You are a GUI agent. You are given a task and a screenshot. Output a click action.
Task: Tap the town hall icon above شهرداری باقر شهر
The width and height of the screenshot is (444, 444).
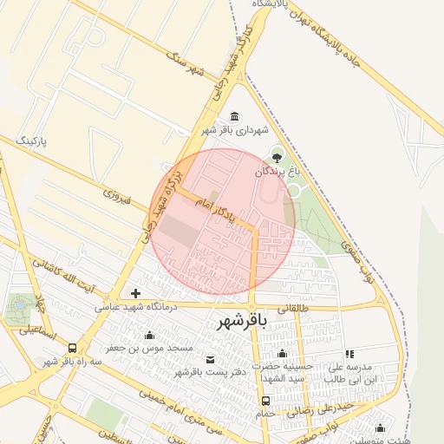(235, 117)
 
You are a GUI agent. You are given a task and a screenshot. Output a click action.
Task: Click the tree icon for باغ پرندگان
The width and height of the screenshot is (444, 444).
(277, 157)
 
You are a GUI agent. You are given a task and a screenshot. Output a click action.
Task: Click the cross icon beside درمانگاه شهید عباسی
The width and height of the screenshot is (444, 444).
(135, 293)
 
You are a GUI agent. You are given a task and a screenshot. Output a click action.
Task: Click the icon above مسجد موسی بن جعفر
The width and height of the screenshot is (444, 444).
(150, 336)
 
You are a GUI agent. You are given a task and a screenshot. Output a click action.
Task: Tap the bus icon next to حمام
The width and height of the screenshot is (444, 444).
(265, 401)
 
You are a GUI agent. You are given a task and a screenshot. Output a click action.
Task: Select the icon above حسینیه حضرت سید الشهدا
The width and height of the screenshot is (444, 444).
(282, 353)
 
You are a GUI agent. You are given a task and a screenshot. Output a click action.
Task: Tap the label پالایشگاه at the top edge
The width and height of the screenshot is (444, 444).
(272, 4)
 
